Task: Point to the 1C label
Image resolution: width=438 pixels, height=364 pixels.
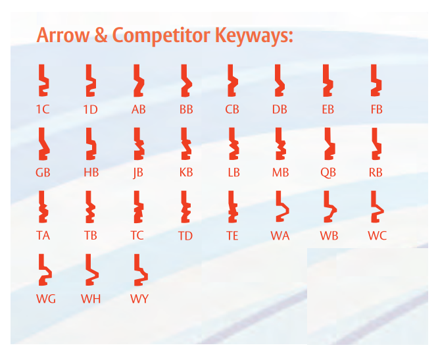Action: coord(43,109)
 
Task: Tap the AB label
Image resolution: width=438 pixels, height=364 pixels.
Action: coord(138,109)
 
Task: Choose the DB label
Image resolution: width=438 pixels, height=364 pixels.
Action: coord(280,109)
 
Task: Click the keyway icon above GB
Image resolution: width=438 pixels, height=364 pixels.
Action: coord(43,144)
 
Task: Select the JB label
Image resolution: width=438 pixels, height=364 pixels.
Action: coord(137,173)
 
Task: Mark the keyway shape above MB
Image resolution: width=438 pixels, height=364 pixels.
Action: coord(281,144)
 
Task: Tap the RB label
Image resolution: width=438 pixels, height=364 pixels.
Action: coord(376,173)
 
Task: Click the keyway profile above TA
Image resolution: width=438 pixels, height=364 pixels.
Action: coord(43,207)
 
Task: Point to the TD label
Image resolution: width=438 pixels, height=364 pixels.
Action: coord(185,236)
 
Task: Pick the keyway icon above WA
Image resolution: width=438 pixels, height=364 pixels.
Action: coord(281,207)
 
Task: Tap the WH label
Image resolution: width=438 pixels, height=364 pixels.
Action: coord(91,299)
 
